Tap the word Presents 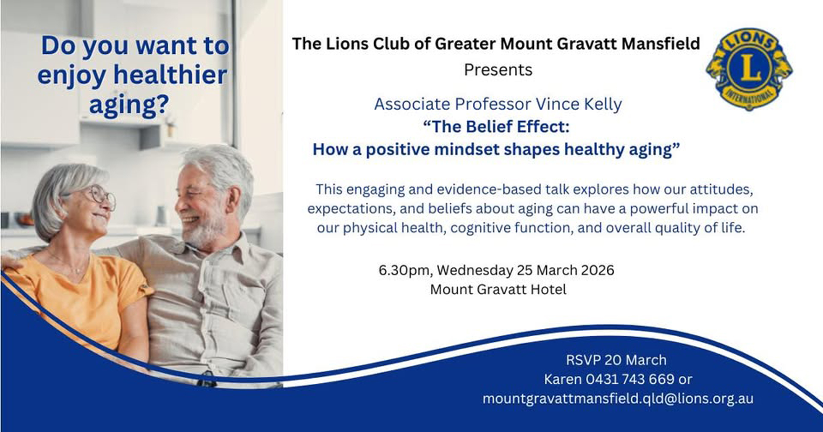(x=498, y=70)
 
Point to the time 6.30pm (x=404, y=270)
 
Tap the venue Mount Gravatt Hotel (x=498, y=289)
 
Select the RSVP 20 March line (x=616, y=360)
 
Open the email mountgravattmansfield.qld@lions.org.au (x=618, y=398)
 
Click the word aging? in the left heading (x=129, y=104)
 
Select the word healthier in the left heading (x=170, y=75)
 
